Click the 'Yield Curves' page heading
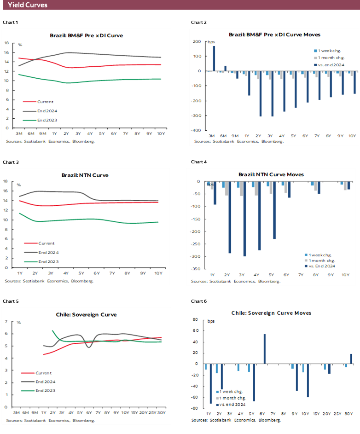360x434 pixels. [x=28, y=5]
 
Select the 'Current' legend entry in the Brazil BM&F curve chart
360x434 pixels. [x=45, y=102]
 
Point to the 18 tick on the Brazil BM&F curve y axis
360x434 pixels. [x=6, y=43]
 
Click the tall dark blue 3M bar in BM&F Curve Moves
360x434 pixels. [x=214, y=58]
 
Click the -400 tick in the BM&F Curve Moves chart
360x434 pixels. [x=197, y=130]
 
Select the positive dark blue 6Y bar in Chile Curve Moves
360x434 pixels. [x=265, y=349]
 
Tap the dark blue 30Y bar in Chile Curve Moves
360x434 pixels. [x=351, y=359]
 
